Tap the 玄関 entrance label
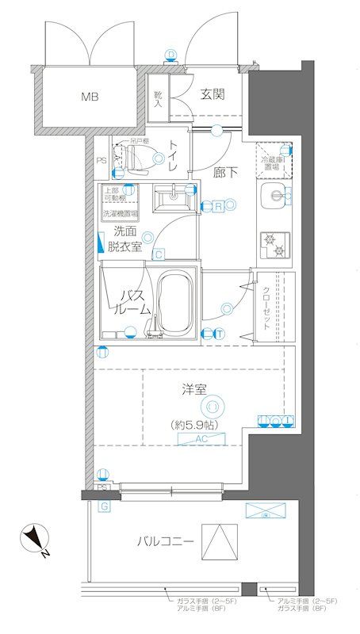coord(212,94)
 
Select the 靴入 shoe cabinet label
coord(157,97)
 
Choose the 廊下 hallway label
coord(225,170)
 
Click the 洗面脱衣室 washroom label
coord(127,239)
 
